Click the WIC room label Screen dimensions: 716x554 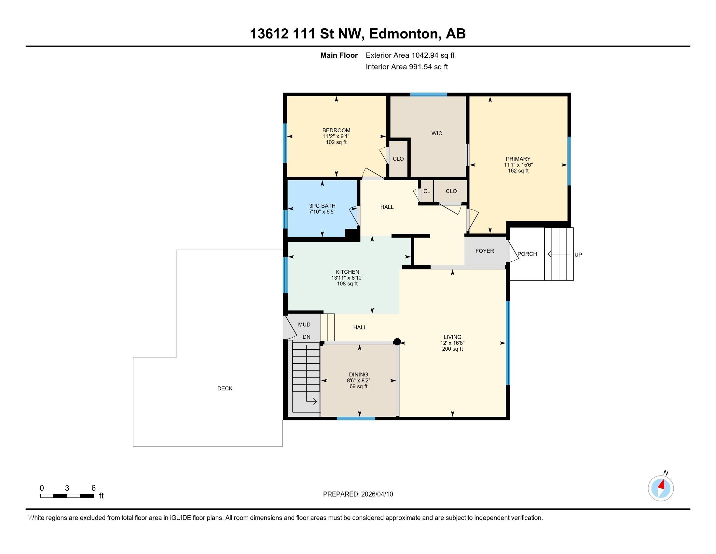coord(437,133)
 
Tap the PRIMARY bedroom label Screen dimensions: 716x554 coord(518,159)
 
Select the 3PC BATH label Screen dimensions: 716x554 coord(322,206)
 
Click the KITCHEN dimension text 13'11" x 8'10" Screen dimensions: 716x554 coord(347,278)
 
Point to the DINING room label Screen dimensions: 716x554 coord(358,374)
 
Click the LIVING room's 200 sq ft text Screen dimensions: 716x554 coord(452,349)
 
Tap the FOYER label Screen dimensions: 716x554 coord(485,251)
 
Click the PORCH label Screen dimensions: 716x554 coord(527,254)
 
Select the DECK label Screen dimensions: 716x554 coord(225,388)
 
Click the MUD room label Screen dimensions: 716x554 coord(304,325)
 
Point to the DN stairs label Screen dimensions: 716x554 coord(306,337)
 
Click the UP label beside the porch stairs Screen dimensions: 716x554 coord(578,255)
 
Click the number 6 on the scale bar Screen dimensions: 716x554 coord(93,488)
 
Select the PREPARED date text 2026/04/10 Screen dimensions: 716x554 coord(377,494)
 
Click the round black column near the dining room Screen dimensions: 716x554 coord(397,342)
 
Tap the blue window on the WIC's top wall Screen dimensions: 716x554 coord(429,95)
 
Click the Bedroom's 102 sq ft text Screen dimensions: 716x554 coord(336,142)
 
